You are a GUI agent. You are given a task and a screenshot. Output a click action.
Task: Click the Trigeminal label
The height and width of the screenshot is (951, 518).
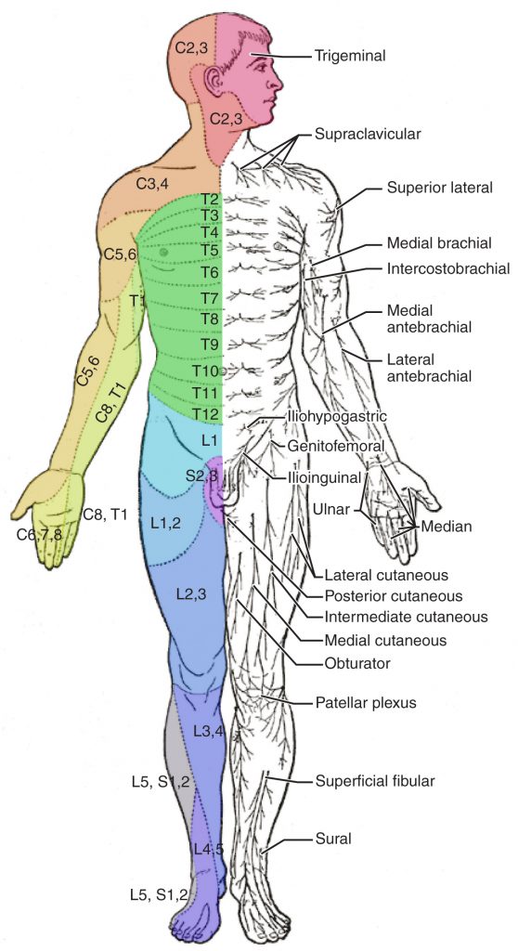pos(349,56)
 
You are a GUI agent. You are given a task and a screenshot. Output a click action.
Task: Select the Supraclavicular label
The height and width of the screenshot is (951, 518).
pos(368,134)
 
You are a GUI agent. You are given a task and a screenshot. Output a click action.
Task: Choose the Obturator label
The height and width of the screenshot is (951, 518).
pos(357,663)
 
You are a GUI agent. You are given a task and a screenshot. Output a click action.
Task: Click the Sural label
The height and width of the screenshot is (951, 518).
pos(335,839)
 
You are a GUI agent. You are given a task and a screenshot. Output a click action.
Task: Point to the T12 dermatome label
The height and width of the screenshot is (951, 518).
pos(206,413)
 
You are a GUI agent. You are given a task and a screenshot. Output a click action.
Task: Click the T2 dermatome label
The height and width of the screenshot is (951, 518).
pos(209,199)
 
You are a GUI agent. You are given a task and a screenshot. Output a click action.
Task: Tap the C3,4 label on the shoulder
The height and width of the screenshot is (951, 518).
pos(152,183)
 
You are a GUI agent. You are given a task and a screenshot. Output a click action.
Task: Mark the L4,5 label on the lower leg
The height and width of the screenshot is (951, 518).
pos(209,848)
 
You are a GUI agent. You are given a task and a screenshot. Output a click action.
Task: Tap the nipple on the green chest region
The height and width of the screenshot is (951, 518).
pos(163,251)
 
